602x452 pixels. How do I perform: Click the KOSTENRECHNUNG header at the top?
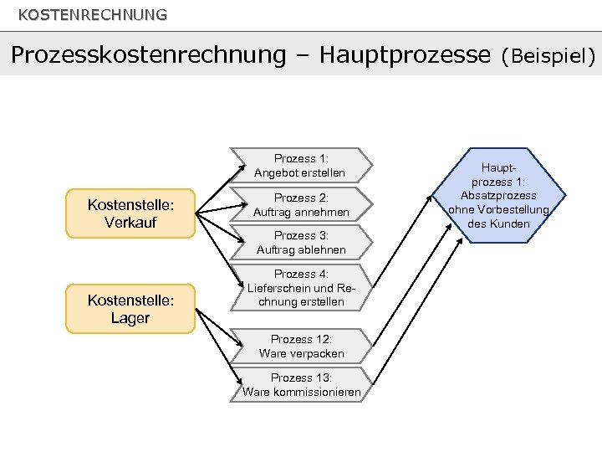(92, 15)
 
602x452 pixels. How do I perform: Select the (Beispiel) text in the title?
(548, 56)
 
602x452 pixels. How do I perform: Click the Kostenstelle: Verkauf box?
(130, 213)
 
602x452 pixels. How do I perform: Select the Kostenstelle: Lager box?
(130, 308)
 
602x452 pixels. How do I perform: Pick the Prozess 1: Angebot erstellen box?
(300, 166)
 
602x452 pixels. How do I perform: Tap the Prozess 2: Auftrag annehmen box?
(300, 205)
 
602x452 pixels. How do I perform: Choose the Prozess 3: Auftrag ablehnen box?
(300, 243)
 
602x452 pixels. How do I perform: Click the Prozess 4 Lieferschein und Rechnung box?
(300, 287)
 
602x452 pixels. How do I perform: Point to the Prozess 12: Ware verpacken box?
(300, 346)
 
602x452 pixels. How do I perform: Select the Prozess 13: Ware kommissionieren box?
(300, 385)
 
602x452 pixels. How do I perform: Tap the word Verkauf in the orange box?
(130, 223)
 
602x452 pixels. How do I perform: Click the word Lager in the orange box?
(130, 318)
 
